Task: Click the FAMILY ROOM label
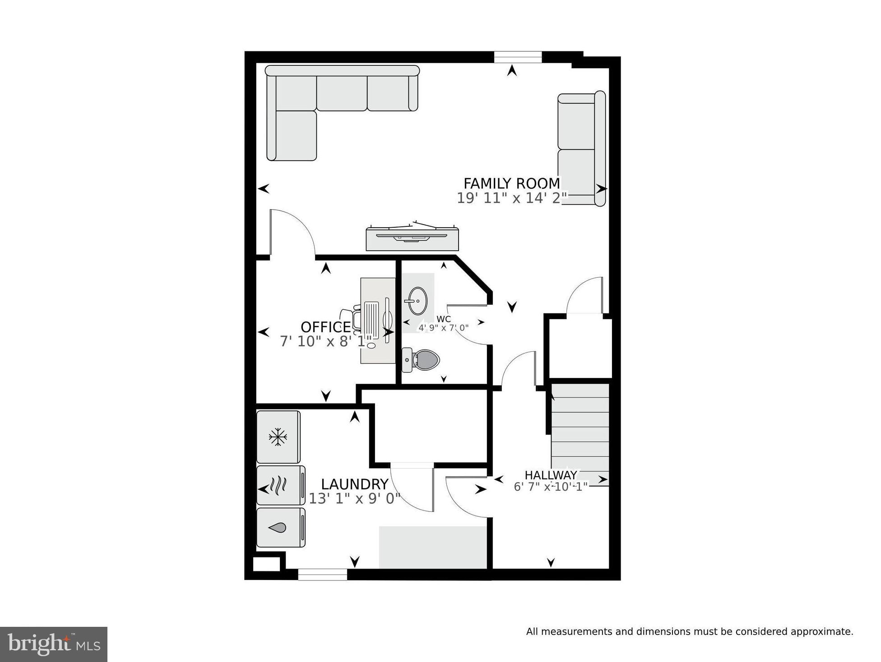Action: pos(511,184)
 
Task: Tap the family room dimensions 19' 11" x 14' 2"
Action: pos(511,198)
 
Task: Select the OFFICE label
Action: pos(325,327)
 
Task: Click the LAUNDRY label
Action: pos(354,484)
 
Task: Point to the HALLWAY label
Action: pos(551,475)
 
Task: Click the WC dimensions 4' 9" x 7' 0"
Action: pos(443,328)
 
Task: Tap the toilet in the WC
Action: pos(422,360)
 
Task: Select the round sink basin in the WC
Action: pos(417,300)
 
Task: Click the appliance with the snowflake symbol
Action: pos(278,437)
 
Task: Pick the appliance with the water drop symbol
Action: pos(280,528)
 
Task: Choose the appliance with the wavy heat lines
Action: pos(280,485)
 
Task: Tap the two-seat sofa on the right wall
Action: pos(580,149)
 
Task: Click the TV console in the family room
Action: pos(412,239)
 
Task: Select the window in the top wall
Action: pos(517,57)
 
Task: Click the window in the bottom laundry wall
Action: pos(322,574)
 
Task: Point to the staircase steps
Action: pos(580,428)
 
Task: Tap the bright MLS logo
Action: pos(53,644)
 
